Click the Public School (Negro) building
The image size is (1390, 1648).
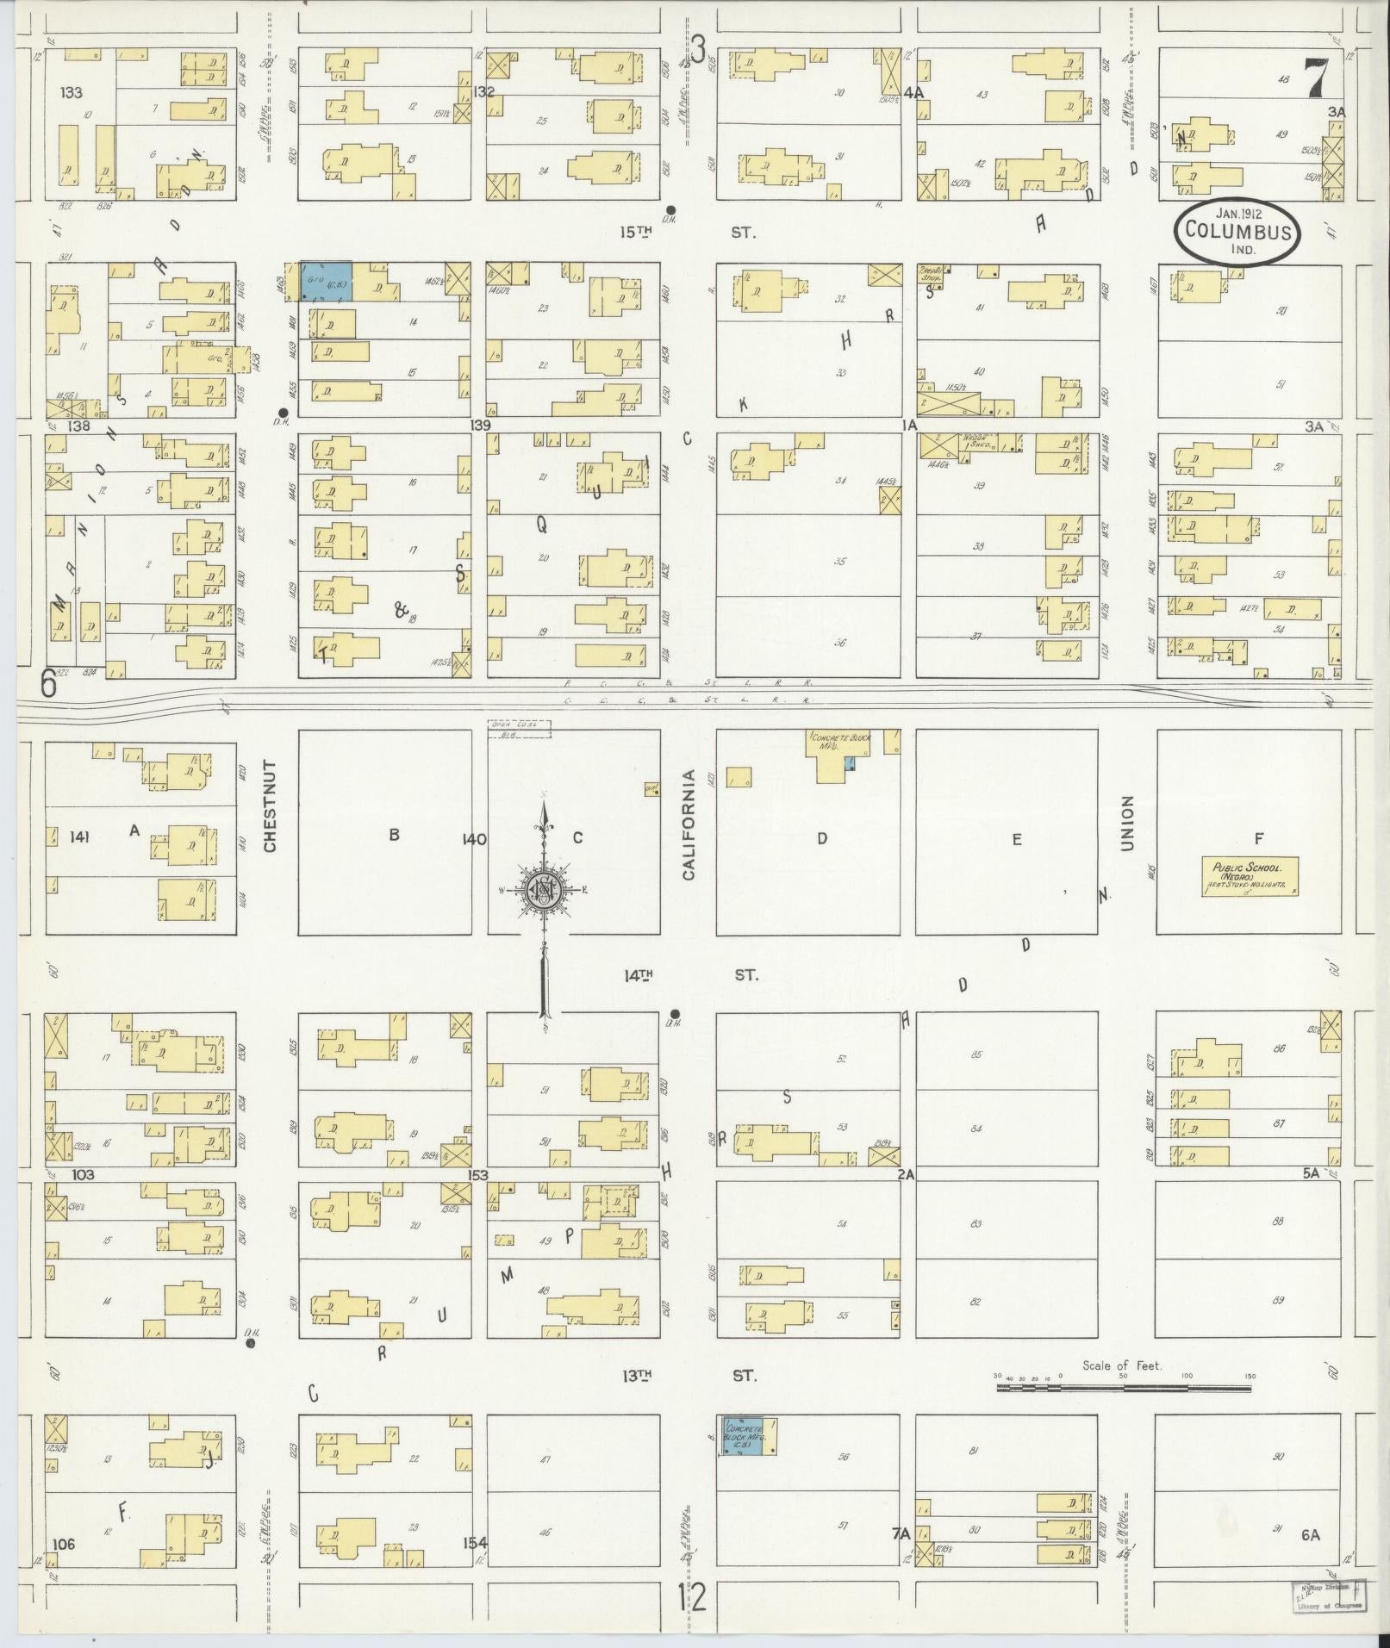point(1250,877)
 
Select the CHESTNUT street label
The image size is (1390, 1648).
point(270,806)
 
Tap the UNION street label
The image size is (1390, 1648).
point(1127,824)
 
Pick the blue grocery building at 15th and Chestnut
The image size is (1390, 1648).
point(325,282)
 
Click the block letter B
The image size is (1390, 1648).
point(394,834)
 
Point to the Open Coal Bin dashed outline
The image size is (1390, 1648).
point(519,729)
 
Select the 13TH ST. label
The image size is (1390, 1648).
point(689,1376)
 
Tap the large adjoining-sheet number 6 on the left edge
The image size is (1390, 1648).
point(49,684)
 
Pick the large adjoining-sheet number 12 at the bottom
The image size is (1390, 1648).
point(692,1598)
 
